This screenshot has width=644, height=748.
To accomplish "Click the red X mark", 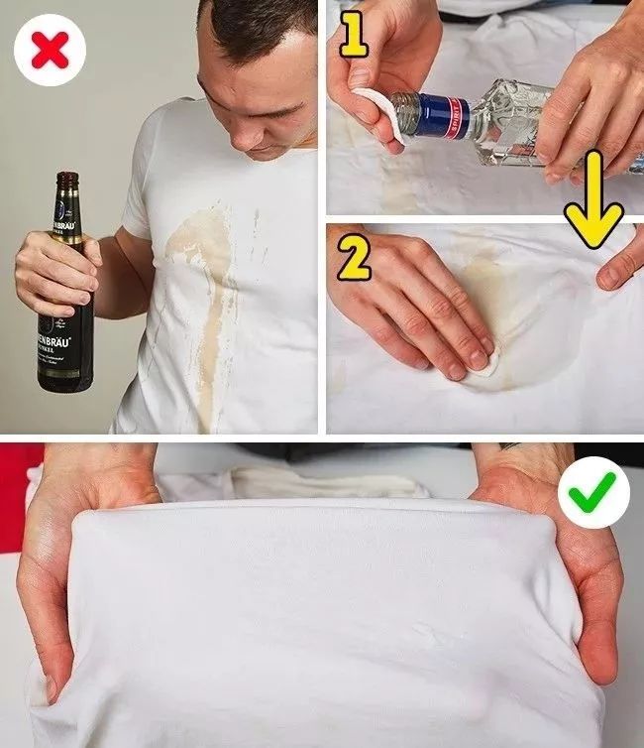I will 50,49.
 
